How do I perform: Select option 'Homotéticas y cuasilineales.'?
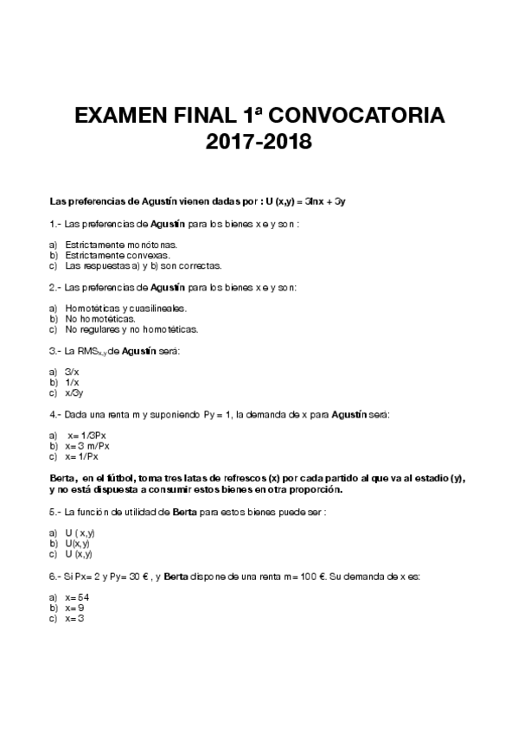coord(126,309)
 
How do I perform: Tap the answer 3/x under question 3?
coord(73,372)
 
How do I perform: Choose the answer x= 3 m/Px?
coord(87,446)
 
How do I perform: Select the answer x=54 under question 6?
coord(78,598)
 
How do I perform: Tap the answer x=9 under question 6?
coord(74,609)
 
